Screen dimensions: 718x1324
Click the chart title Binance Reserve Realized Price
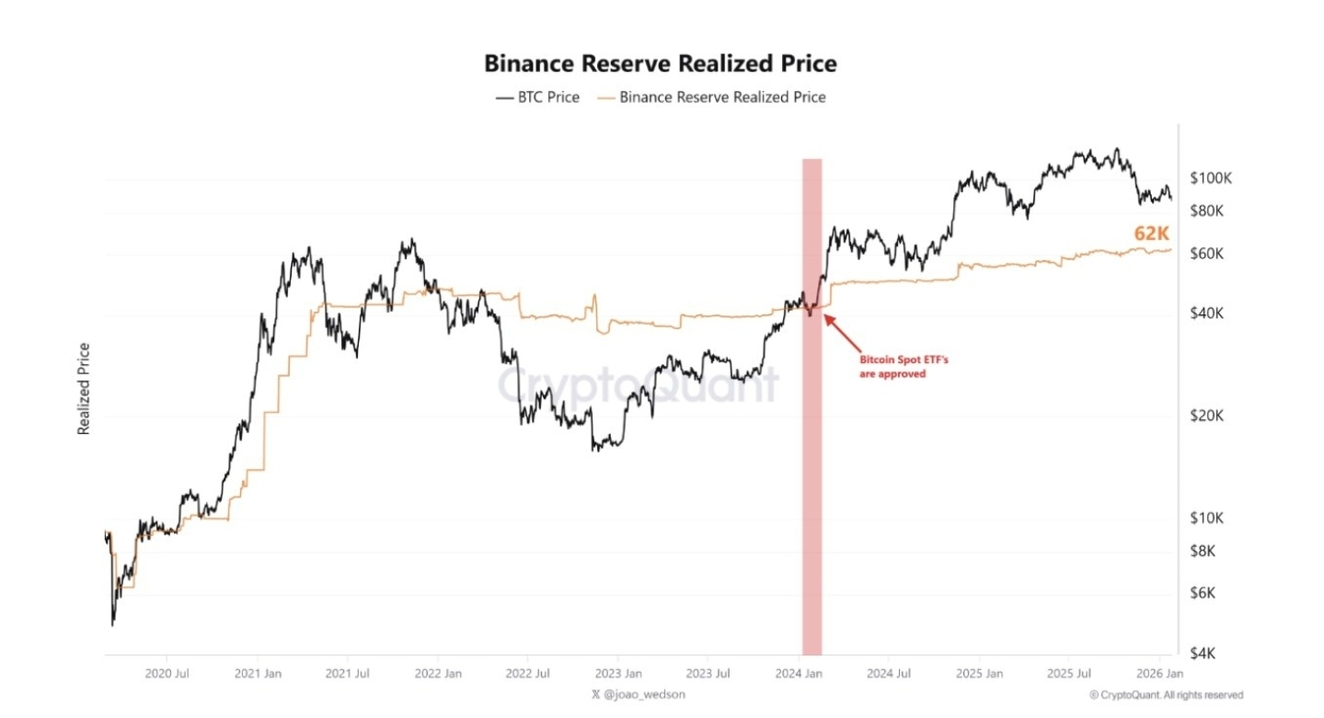(661, 63)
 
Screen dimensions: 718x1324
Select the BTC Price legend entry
(537, 97)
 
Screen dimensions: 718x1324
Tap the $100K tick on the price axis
(1210, 178)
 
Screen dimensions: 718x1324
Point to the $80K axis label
(1206, 211)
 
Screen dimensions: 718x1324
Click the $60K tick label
(1206, 254)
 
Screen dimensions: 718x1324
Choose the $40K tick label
(1206, 313)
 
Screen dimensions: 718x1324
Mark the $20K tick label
(1206, 416)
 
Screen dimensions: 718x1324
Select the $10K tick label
(1206, 519)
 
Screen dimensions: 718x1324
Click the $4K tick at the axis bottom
(1203, 654)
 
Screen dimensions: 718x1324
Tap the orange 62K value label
(1151, 234)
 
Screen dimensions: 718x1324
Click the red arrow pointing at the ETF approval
(841, 330)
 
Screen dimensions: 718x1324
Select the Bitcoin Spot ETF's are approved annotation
(892, 367)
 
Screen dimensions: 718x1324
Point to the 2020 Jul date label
(167, 674)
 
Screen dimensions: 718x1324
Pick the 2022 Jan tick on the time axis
(438, 674)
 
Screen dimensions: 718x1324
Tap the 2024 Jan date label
(799, 674)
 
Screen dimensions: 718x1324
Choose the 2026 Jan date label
(1160, 674)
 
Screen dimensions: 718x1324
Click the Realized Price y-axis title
(84, 388)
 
